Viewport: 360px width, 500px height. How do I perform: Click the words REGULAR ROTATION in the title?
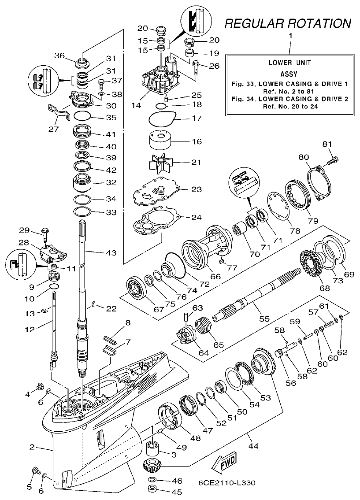pyautogui.click(x=288, y=23)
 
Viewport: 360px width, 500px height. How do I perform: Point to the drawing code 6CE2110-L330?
pyautogui.click(x=226, y=483)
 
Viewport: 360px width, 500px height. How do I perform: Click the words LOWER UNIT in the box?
pyautogui.click(x=289, y=63)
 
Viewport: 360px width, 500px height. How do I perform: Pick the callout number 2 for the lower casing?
pyautogui.click(x=32, y=447)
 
